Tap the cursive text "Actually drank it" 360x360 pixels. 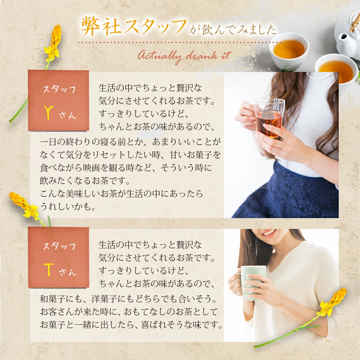click(x=185, y=57)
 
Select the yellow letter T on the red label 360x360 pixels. click(x=49, y=270)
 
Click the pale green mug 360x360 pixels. click(x=252, y=282)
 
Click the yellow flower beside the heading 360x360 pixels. click(x=53, y=44)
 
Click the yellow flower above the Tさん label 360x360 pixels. click(x=24, y=205)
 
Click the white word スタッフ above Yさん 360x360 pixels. click(x=59, y=90)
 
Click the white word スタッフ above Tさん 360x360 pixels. click(x=59, y=246)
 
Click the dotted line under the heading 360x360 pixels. click(x=179, y=42)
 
